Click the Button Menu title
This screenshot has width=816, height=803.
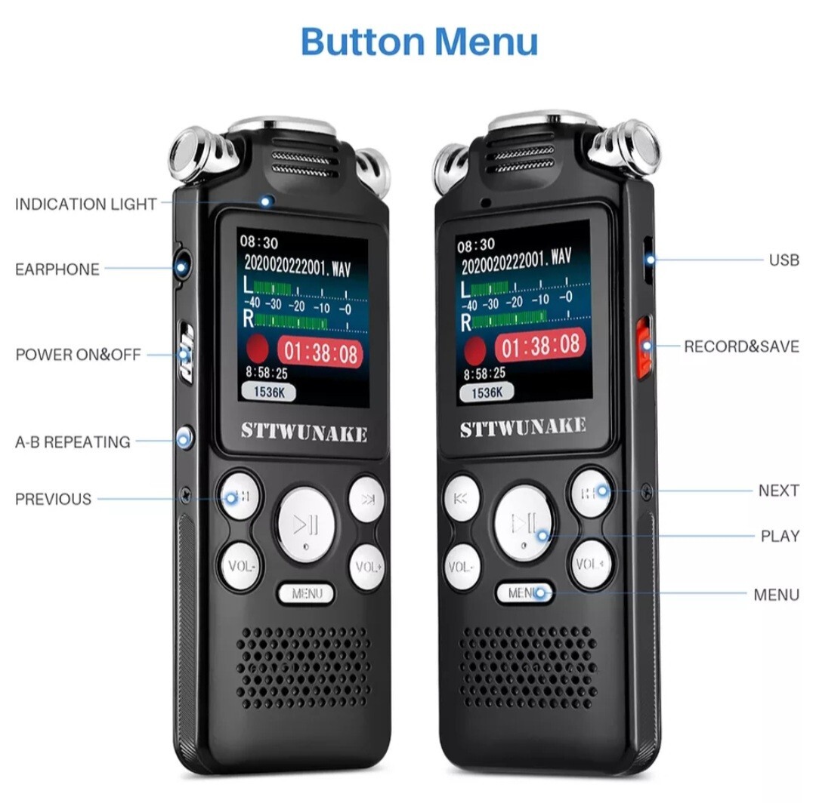pyautogui.click(x=419, y=41)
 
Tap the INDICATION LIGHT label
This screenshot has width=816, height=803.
pyautogui.click(x=85, y=204)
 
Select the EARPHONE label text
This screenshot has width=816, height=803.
pyautogui.click(x=57, y=269)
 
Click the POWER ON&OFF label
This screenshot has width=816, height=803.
pyautogui.click(x=78, y=355)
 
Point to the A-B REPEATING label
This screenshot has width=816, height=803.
pyautogui.click(x=73, y=442)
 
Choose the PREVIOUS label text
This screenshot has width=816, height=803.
pyautogui.click(x=53, y=499)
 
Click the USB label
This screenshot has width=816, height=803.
pyautogui.click(x=784, y=260)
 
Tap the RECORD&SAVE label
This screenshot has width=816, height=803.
pyautogui.click(x=740, y=346)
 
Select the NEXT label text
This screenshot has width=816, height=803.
pyautogui.click(x=778, y=491)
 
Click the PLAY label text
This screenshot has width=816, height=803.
pyautogui.click(x=780, y=537)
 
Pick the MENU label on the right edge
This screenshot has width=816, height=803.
pyautogui.click(x=776, y=595)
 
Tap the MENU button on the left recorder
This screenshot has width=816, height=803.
pyautogui.click(x=307, y=594)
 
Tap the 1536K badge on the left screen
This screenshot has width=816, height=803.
pyautogui.click(x=268, y=391)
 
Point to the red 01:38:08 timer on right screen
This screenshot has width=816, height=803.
pyautogui.click(x=540, y=346)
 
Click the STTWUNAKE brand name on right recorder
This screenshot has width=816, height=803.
pyautogui.click(x=523, y=427)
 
